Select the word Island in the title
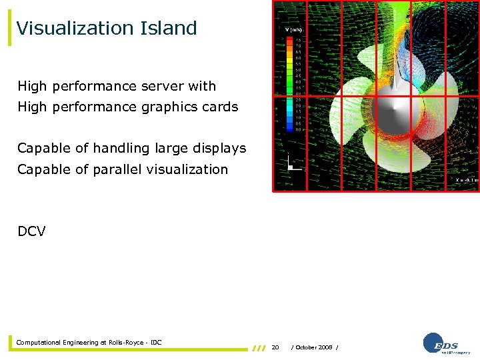click(x=168, y=28)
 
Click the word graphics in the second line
click(x=170, y=107)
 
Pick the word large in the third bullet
click(x=170, y=148)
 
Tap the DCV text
click(x=31, y=231)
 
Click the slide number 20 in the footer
click(x=275, y=347)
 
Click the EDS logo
click(x=446, y=343)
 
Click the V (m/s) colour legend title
click(x=293, y=30)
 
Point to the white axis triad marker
click(x=290, y=163)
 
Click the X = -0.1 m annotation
click(x=465, y=180)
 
